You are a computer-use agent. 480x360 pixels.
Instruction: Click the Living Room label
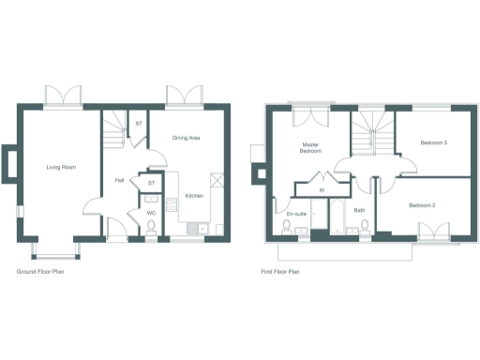[61, 168]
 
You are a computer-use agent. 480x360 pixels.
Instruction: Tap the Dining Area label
[186, 138]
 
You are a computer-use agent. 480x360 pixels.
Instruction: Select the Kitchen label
[194, 196]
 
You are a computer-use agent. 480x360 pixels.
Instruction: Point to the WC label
[150, 213]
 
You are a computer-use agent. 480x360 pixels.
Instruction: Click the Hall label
[120, 180]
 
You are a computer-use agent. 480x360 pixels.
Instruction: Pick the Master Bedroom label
[311, 147]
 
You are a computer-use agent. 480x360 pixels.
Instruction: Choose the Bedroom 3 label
[433, 142]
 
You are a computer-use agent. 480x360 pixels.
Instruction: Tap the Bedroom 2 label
[422, 203]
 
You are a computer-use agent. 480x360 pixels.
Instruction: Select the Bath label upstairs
[359, 212]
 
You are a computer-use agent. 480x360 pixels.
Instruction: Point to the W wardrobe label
[322, 190]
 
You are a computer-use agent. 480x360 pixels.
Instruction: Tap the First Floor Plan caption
[279, 273]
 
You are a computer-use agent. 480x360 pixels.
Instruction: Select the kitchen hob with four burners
[172, 204]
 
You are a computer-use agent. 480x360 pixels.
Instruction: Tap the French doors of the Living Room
[64, 97]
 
